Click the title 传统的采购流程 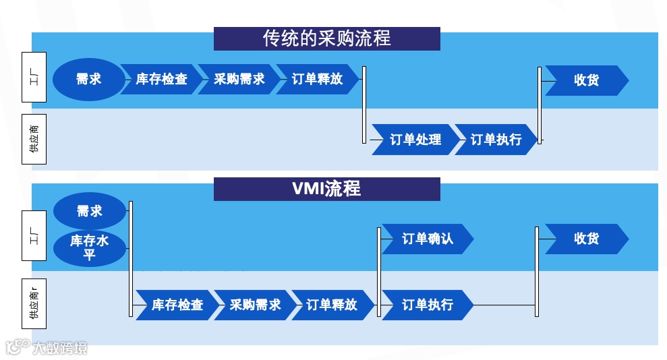point(326,38)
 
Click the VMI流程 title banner point(326,189)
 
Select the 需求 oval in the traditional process point(88,80)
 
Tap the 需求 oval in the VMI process point(89,211)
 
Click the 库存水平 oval point(89,247)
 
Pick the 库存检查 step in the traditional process point(161,80)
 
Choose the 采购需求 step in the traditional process point(239,80)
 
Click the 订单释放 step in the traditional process point(317,80)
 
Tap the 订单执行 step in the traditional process point(496,140)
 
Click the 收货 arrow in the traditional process point(586,80)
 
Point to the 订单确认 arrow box point(427,239)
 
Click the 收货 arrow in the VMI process point(586,239)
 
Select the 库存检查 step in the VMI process point(177,305)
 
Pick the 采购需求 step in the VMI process point(254,305)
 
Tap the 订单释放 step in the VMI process point(332,305)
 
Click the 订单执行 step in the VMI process point(427,305)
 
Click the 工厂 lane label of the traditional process point(34,78)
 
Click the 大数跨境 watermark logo point(47,348)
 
